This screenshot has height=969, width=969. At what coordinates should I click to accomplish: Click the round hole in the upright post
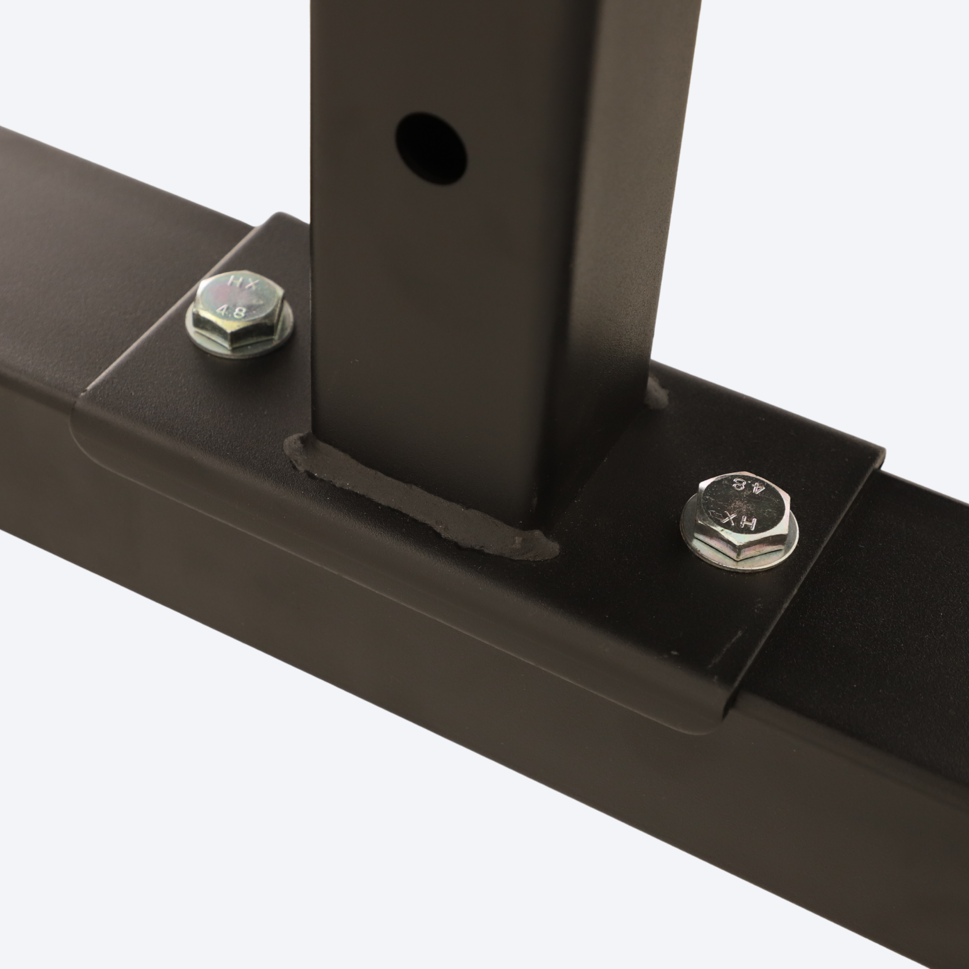[x=431, y=149]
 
